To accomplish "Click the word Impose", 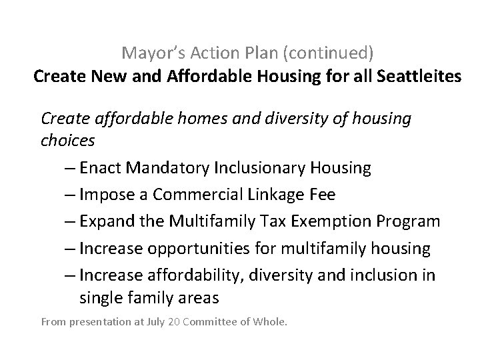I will [104, 195].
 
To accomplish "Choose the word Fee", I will [323, 195].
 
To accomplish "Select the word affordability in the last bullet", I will [183, 275].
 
